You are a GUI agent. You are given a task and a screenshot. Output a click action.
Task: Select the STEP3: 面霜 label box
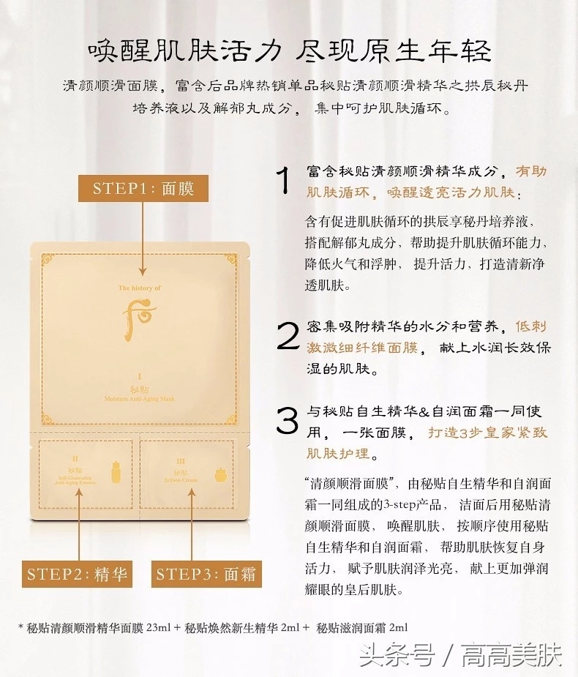tap(207, 574)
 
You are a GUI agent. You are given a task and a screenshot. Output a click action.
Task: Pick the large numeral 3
tap(286, 421)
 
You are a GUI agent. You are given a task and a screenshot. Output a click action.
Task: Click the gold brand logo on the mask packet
tap(138, 317)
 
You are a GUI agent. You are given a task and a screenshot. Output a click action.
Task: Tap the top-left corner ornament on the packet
tap(47, 259)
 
